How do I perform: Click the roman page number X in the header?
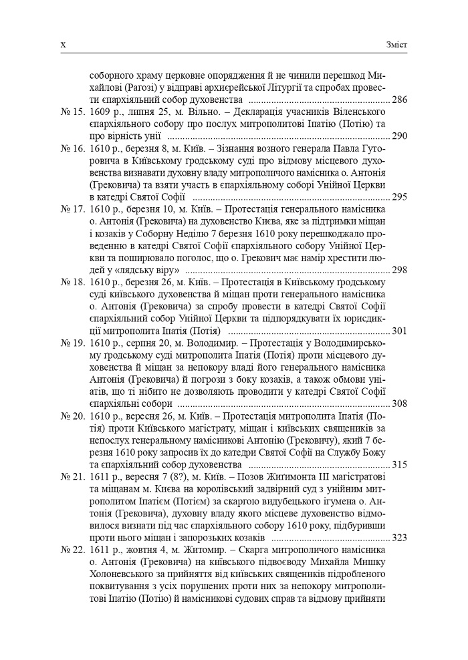[64, 45]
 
